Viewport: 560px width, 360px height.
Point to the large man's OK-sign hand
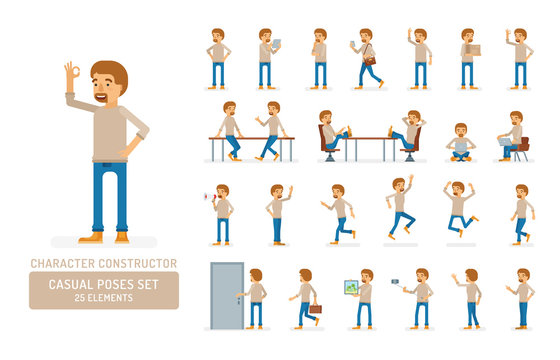tap(71, 75)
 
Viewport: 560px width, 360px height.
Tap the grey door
tap(226, 295)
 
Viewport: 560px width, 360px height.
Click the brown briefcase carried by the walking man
tap(315, 309)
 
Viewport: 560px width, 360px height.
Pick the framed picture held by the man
tap(351, 288)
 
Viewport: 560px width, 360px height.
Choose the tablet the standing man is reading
tap(277, 44)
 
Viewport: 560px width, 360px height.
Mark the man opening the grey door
tap(255, 297)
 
